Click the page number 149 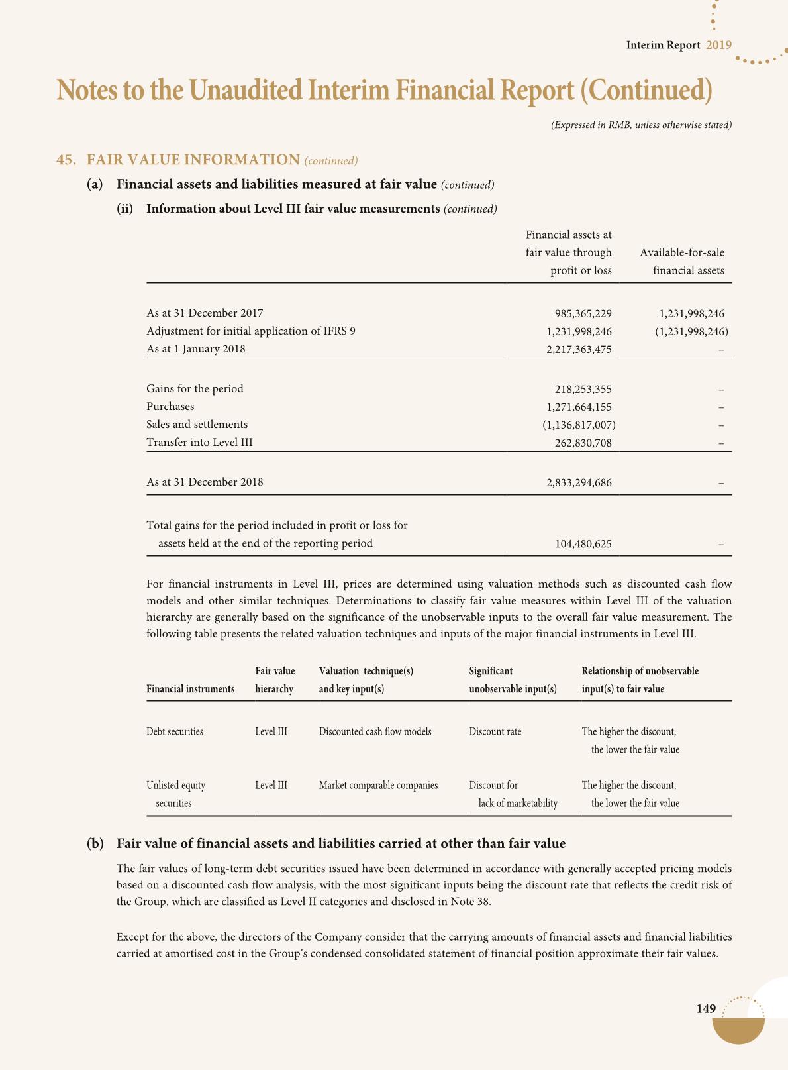706,1009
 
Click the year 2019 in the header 718,45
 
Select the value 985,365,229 583,313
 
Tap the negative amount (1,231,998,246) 689,331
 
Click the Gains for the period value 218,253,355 583,390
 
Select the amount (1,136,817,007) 579,425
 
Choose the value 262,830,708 583,443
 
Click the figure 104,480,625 583,545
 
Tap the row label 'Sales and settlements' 197,424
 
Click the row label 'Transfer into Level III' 199,442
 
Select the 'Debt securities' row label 175,732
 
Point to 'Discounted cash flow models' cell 375,732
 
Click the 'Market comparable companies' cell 378,786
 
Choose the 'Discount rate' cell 495,732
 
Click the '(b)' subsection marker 95,844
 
